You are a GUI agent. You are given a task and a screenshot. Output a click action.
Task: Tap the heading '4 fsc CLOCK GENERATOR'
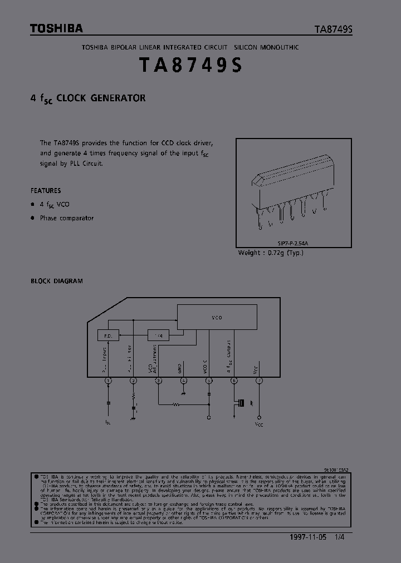coord(88,98)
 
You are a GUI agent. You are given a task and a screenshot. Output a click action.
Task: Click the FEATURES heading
coord(46,190)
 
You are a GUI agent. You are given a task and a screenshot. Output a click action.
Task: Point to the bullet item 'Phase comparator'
coord(66,218)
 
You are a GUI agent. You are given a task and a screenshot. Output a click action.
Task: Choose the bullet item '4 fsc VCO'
coord(55,204)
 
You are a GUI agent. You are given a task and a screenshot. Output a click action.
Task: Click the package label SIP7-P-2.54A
coord(295,243)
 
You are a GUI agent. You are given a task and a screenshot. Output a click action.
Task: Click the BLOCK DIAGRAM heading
coord(57,281)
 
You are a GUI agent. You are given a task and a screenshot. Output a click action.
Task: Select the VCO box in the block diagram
coord(217,318)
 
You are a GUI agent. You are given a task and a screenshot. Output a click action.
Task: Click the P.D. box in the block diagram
coord(108,335)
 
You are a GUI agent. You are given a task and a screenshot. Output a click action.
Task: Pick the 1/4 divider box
coord(159,335)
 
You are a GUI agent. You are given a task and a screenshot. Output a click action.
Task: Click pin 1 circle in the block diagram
coord(108,381)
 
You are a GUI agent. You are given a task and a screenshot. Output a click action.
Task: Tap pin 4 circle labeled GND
coord(184,381)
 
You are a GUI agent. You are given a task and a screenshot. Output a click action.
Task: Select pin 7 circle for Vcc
coord(258,381)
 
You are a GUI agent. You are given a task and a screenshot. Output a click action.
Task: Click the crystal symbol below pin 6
coord(241,403)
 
